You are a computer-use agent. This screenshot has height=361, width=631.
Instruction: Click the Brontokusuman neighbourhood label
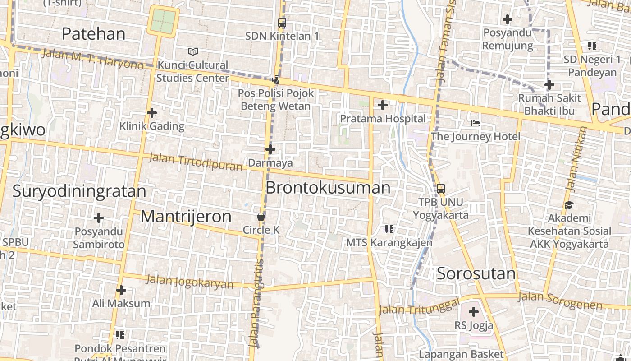328,188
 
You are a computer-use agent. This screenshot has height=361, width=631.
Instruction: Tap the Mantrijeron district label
186,217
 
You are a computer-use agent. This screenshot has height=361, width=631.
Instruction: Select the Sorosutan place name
476,273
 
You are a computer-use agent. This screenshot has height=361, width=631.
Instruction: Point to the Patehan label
93,33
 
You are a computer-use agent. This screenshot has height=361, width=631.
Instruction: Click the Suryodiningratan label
79,191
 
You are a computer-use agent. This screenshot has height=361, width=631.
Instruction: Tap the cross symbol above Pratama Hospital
383,106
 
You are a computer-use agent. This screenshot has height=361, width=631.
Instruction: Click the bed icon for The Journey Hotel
476,123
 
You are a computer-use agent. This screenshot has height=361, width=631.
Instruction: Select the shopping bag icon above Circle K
261,217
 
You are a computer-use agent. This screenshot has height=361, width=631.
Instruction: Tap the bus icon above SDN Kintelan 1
282,22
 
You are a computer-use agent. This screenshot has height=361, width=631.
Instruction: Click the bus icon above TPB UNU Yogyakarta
441,189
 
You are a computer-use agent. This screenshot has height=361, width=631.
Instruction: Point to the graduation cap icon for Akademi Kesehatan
569,205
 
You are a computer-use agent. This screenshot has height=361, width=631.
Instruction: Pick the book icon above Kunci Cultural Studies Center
193,52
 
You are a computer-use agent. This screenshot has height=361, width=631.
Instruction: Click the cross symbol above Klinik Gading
152,113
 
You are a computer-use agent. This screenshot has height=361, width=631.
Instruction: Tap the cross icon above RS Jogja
473,312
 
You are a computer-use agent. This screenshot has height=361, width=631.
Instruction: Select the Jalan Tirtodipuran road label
195,162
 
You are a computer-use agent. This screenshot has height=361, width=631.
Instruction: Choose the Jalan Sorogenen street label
560,301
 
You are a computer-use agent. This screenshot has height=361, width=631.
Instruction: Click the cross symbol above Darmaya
270,149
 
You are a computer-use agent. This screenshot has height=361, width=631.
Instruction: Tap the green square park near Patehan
163,20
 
